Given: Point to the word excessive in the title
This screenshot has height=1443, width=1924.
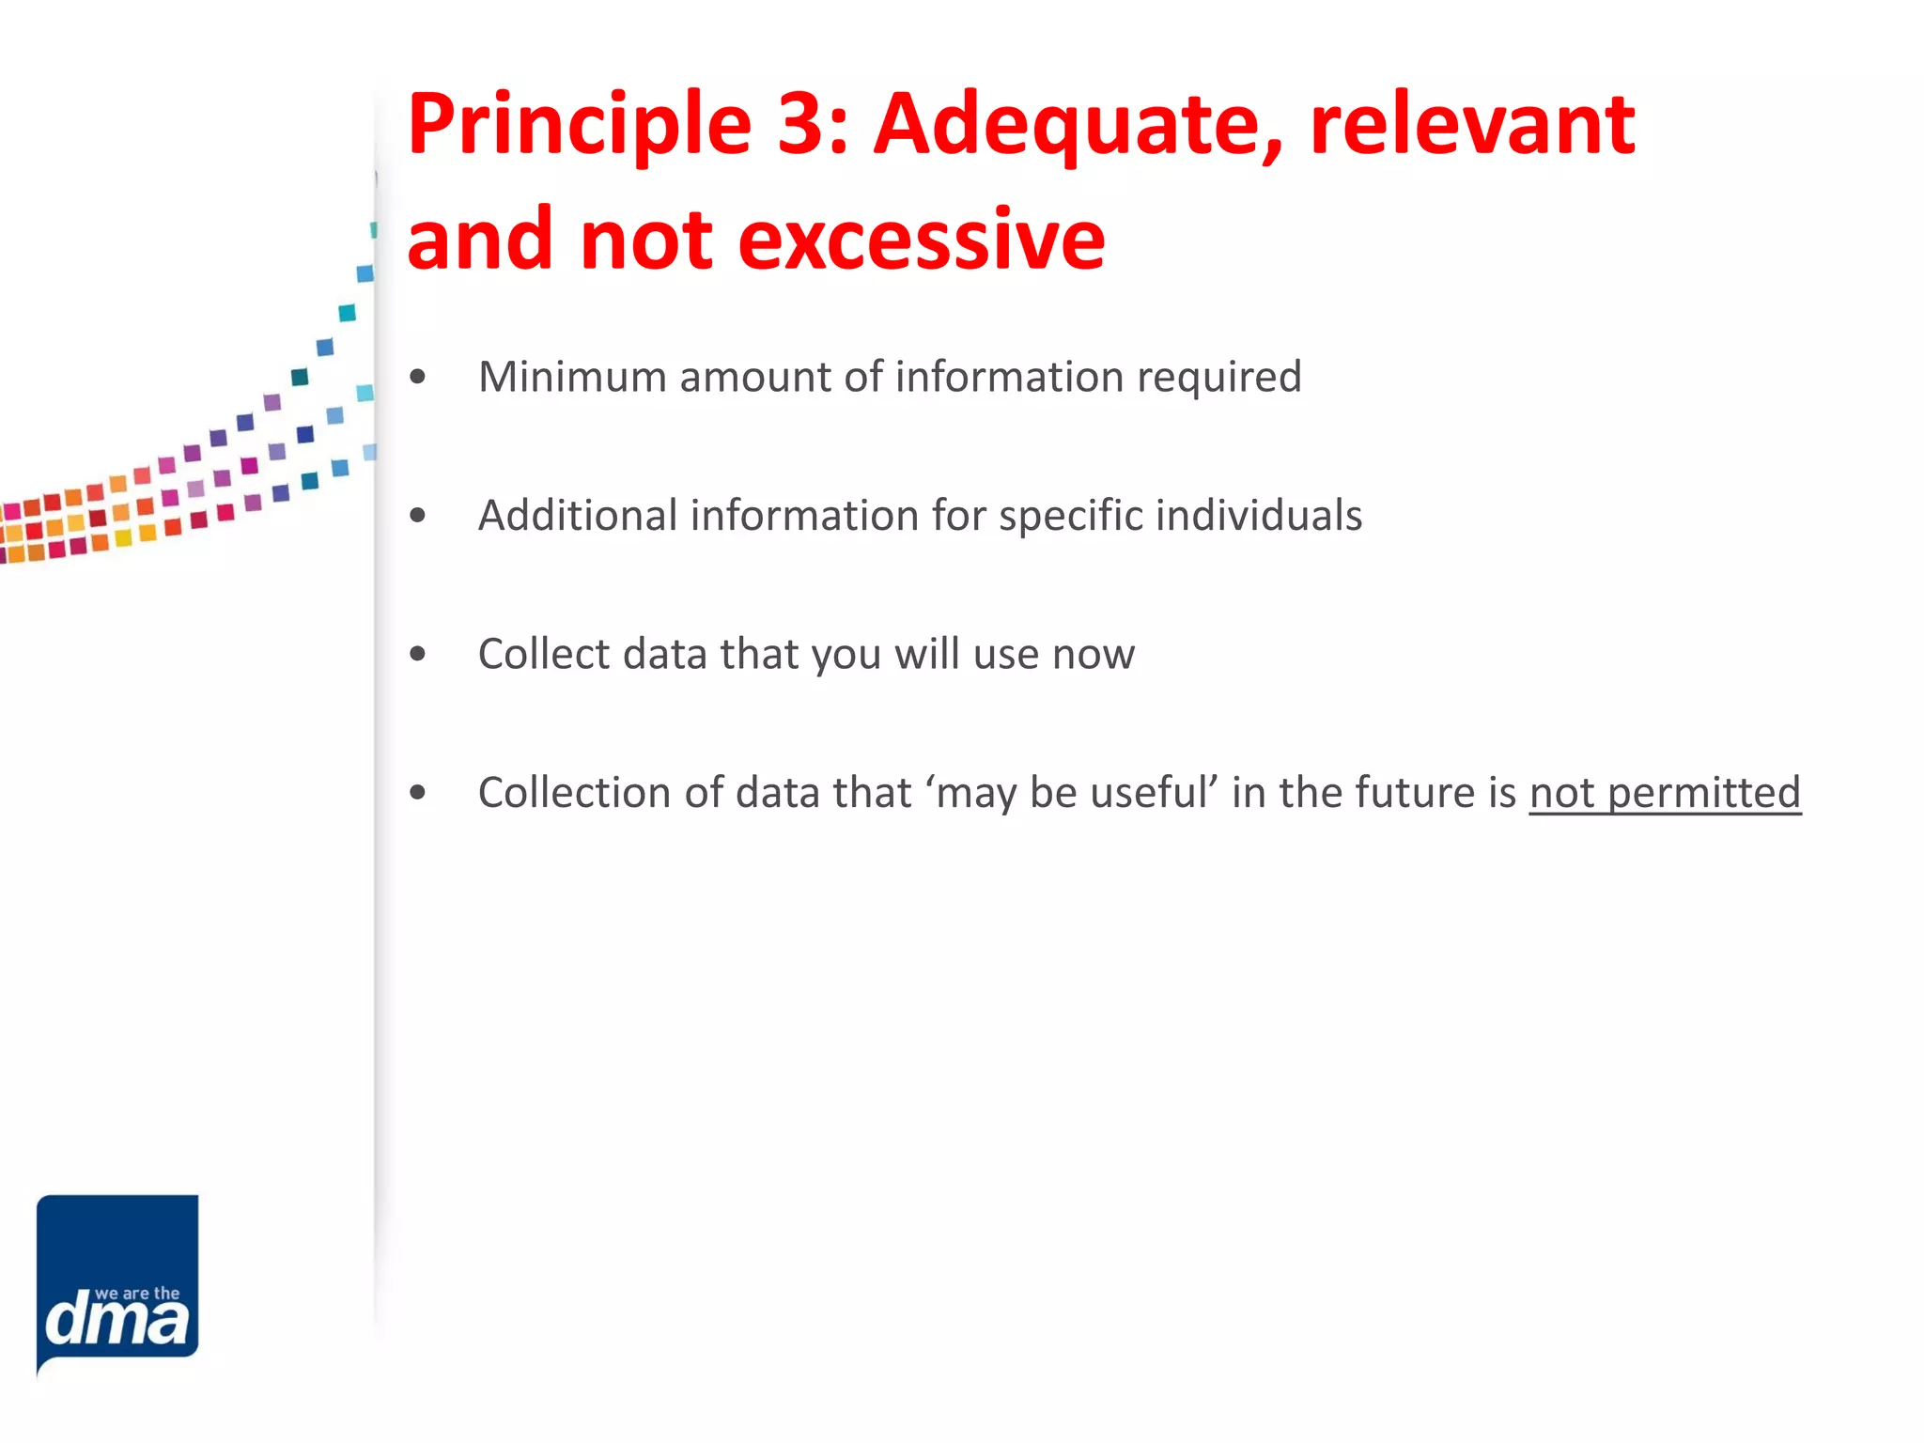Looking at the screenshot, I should (921, 240).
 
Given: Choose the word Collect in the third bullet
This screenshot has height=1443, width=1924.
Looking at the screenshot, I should (544, 654).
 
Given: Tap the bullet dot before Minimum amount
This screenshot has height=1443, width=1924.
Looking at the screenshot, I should (418, 378).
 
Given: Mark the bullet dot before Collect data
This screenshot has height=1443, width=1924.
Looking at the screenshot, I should (418, 655).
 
